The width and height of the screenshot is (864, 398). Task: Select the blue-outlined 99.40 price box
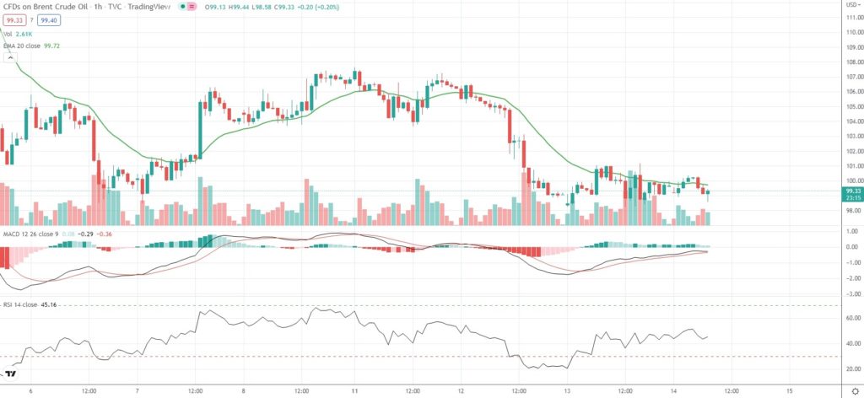tap(48, 19)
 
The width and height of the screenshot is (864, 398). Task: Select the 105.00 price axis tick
tap(852, 106)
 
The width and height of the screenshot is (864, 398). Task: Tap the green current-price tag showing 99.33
tap(852, 191)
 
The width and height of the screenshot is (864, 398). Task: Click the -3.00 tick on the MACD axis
tap(852, 293)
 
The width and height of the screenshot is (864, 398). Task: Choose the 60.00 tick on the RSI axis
tap(852, 318)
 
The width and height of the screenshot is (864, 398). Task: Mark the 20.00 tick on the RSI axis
tap(852, 368)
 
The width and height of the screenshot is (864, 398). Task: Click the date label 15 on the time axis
tap(788, 390)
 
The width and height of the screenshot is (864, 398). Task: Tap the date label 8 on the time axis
tap(244, 390)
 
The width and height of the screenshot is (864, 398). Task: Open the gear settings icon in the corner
tap(853, 390)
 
